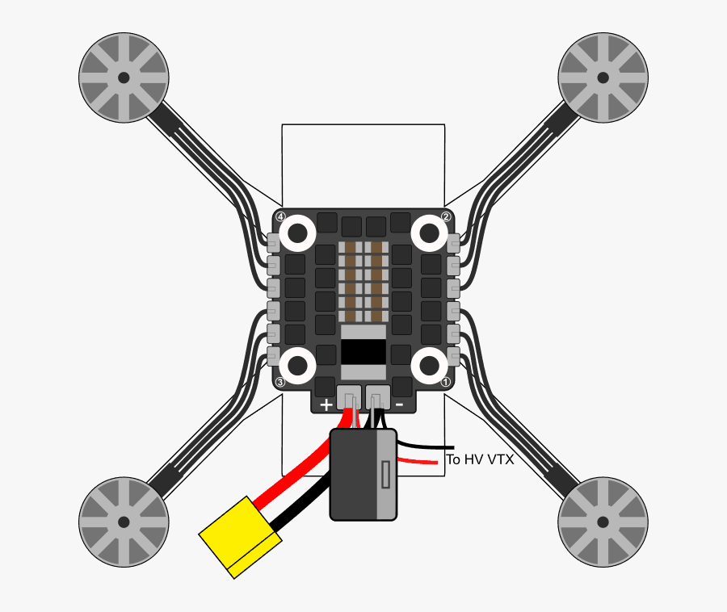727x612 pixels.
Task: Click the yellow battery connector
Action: (x=240, y=538)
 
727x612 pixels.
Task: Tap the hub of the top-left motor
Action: (x=124, y=78)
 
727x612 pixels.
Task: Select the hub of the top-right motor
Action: (x=603, y=78)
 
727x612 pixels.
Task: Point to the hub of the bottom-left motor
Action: (x=124, y=522)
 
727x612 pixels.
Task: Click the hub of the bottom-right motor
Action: (x=603, y=522)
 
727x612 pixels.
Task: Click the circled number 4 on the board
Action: (x=280, y=217)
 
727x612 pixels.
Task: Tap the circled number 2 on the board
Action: (x=446, y=217)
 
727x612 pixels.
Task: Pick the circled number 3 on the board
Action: (x=280, y=382)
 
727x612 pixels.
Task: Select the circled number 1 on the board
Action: (x=446, y=382)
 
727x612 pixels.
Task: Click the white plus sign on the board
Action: (x=326, y=405)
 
